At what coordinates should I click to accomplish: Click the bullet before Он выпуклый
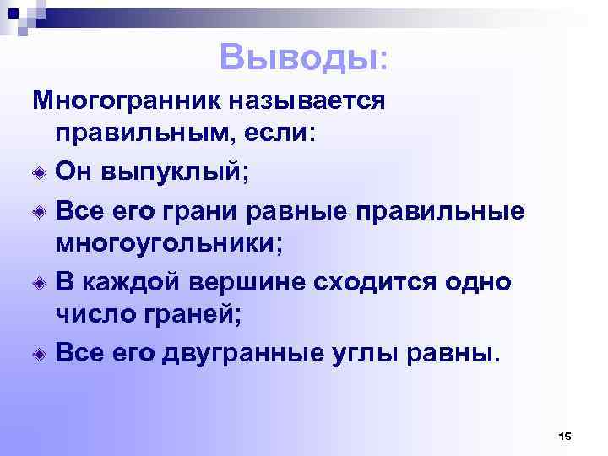pyautogui.click(x=40, y=173)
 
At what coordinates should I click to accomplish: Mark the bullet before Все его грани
pyautogui.click(x=40, y=209)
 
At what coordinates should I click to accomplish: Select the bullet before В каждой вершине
pyautogui.click(x=40, y=280)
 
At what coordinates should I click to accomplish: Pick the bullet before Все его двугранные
pyautogui.click(x=40, y=351)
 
